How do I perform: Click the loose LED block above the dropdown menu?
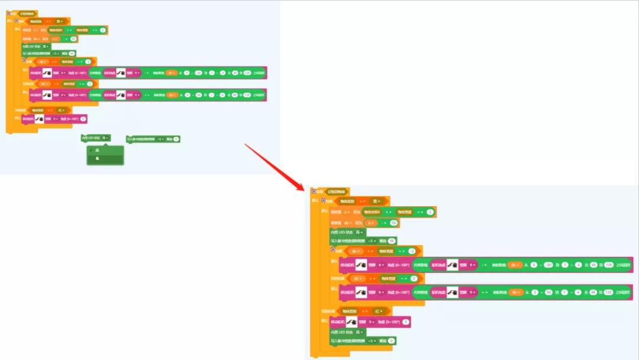(x=95, y=138)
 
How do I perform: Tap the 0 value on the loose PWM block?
(x=176, y=139)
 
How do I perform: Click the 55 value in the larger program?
(x=392, y=241)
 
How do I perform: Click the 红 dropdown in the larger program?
(x=377, y=311)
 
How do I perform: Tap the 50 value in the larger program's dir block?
(x=393, y=223)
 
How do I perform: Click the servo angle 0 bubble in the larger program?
(x=406, y=322)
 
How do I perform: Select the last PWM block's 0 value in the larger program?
(x=391, y=341)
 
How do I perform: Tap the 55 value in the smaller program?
(x=72, y=53)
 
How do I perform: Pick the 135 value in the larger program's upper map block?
(x=608, y=265)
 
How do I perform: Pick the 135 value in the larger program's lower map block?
(x=608, y=292)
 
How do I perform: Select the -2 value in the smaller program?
(x=88, y=62)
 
